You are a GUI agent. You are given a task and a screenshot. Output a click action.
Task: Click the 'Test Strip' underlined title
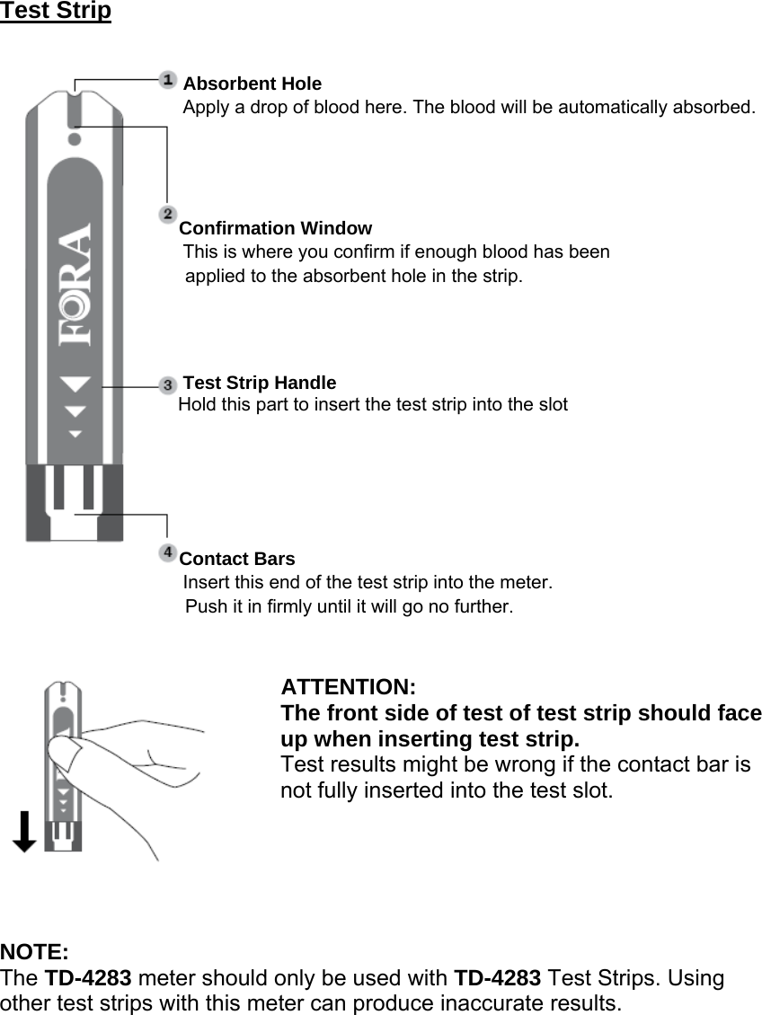click(x=56, y=12)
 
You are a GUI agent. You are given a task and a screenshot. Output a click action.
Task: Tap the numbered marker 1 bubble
click(x=168, y=80)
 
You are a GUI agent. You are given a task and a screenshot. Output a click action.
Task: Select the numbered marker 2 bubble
click(x=168, y=214)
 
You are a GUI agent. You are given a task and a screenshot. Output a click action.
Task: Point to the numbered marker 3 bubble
click(x=168, y=384)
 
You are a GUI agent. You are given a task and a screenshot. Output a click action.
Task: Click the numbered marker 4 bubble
click(x=168, y=551)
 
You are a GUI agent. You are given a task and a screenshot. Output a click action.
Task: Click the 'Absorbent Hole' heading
click(x=252, y=84)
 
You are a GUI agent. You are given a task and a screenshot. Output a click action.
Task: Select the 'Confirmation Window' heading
click(x=276, y=228)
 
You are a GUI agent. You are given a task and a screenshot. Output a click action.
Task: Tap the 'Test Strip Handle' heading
click(x=260, y=384)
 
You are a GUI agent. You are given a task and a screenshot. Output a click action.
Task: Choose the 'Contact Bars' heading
click(x=237, y=559)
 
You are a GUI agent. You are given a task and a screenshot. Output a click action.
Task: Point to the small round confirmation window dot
click(x=75, y=139)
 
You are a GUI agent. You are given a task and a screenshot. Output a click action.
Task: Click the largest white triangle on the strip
click(x=75, y=384)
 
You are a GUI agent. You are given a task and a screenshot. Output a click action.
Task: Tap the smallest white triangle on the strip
click(x=75, y=434)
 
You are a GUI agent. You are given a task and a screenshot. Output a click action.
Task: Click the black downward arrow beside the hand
click(x=24, y=831)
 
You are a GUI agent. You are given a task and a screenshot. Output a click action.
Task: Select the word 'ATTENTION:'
click(x=348, y=688)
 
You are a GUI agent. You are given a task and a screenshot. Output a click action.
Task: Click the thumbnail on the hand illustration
click(x=60, y=749)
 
